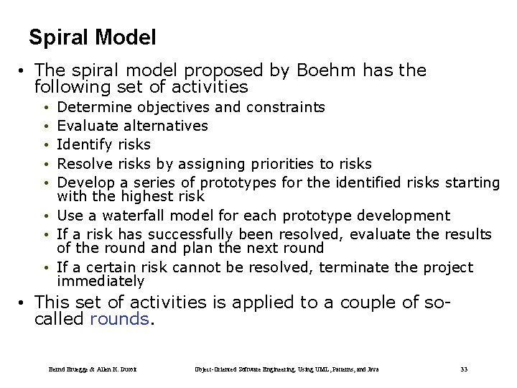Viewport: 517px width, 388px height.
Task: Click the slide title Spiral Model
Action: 92,37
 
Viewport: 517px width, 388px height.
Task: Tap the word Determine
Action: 94,108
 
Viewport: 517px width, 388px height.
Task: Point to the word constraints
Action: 285,108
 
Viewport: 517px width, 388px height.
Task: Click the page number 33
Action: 464,369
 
